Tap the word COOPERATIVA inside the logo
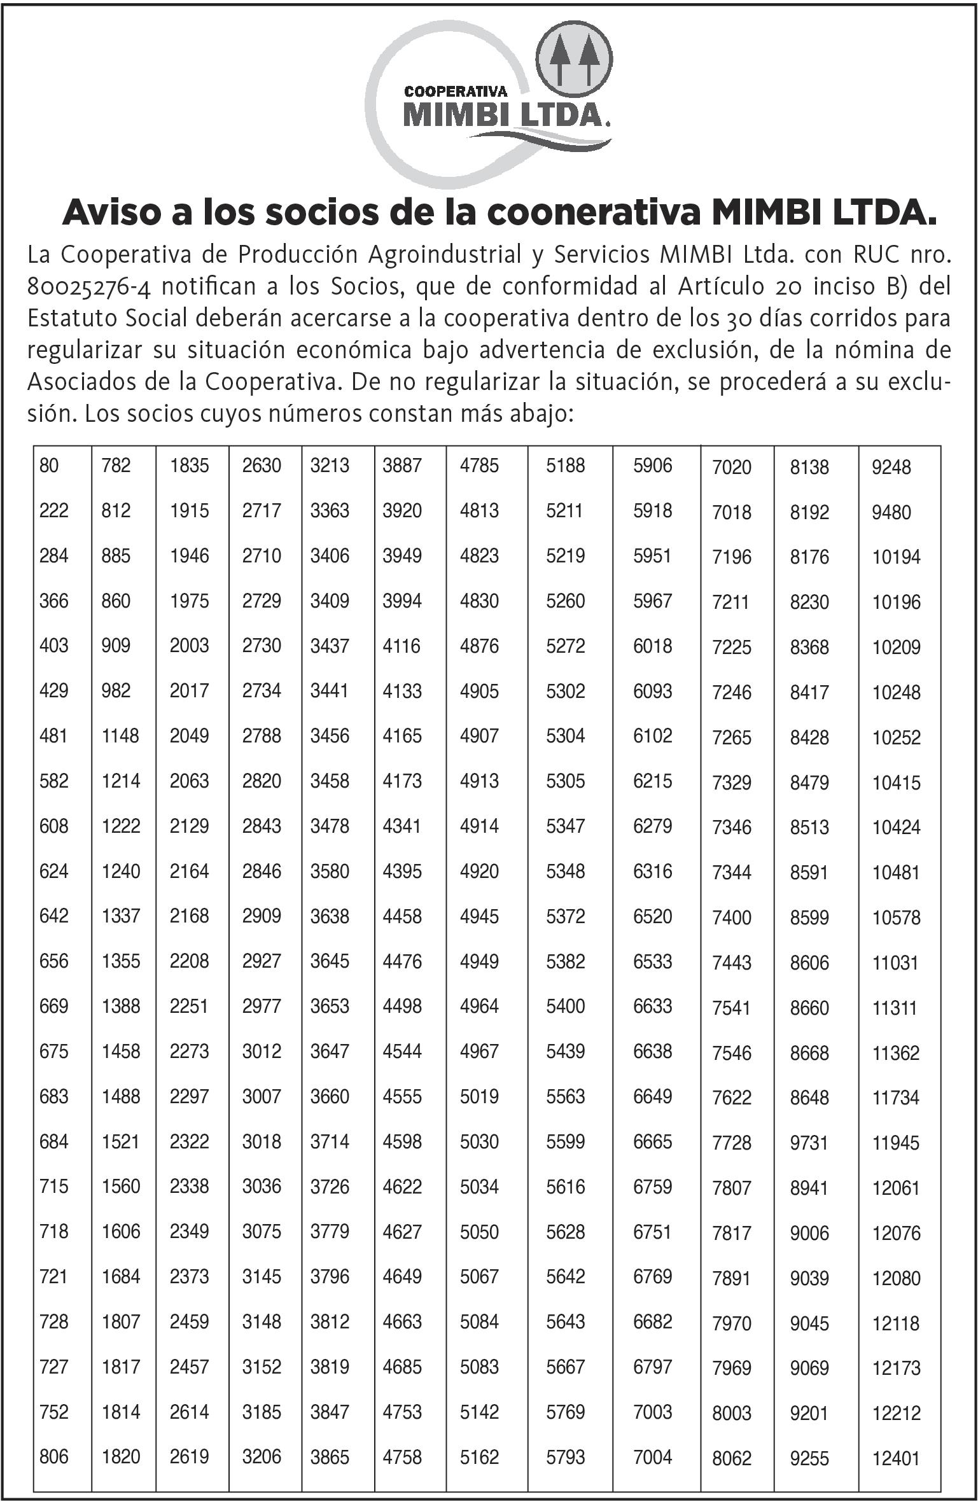[455, 91]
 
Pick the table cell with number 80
[49, 466]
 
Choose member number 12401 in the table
[896, 1458]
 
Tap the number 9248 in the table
[891, 468]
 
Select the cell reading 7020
[732, 468]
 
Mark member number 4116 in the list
[402, 646]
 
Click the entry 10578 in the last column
[896, 917]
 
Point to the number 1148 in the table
[120, 736]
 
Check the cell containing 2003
[189, 646]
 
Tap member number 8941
[809, 1188]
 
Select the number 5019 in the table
[479, 1097]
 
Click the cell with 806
[53, 1457]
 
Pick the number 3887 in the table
[402, 466]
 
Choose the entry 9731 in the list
[809, 1143]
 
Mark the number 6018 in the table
[652, 646]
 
